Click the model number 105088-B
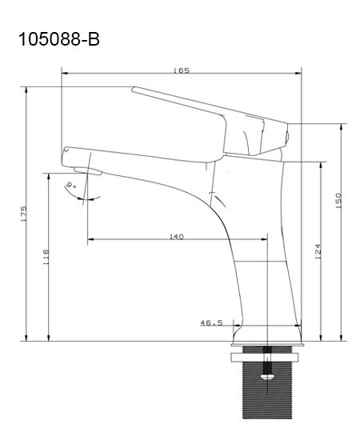[59, 39]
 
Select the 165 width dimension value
[182, 70]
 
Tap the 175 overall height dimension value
[23, 214]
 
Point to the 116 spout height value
[46, 258]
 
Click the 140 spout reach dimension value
[177, 237]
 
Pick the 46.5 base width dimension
[211, 323]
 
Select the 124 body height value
[318, 251]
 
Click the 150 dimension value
[338, 200]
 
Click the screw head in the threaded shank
[267, 377]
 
